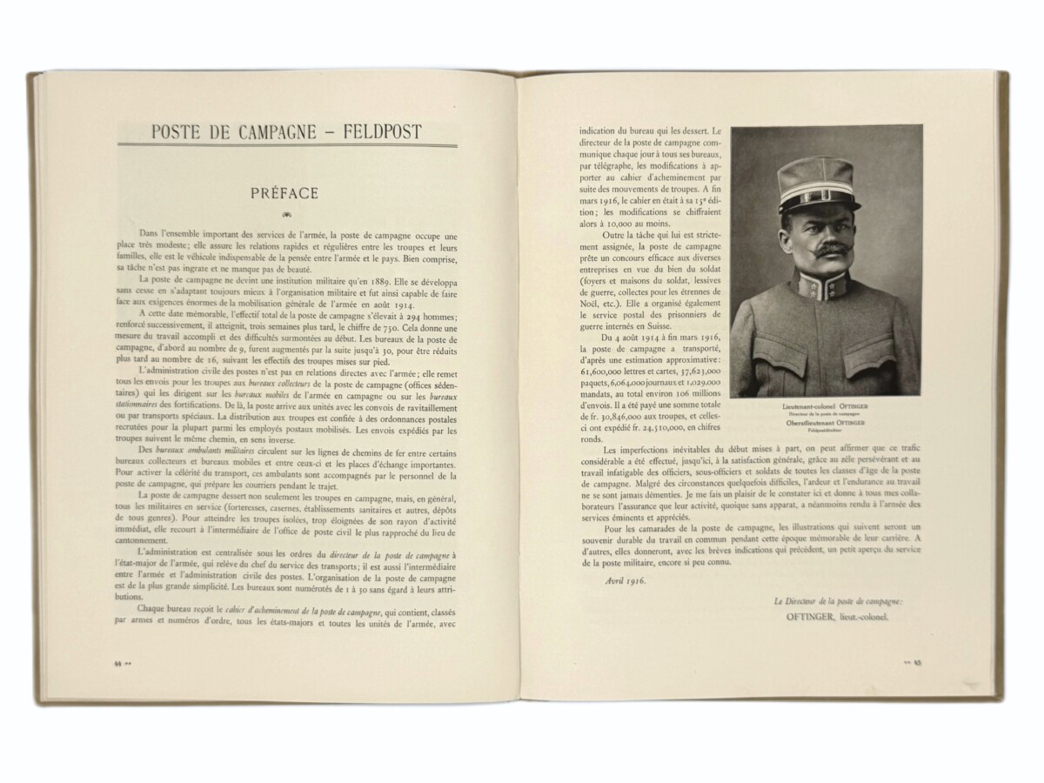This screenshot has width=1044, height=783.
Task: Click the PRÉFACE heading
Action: [284, 191]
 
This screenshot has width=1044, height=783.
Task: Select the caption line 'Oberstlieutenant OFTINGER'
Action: [825, 422]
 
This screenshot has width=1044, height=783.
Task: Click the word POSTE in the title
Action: [177, 132]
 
